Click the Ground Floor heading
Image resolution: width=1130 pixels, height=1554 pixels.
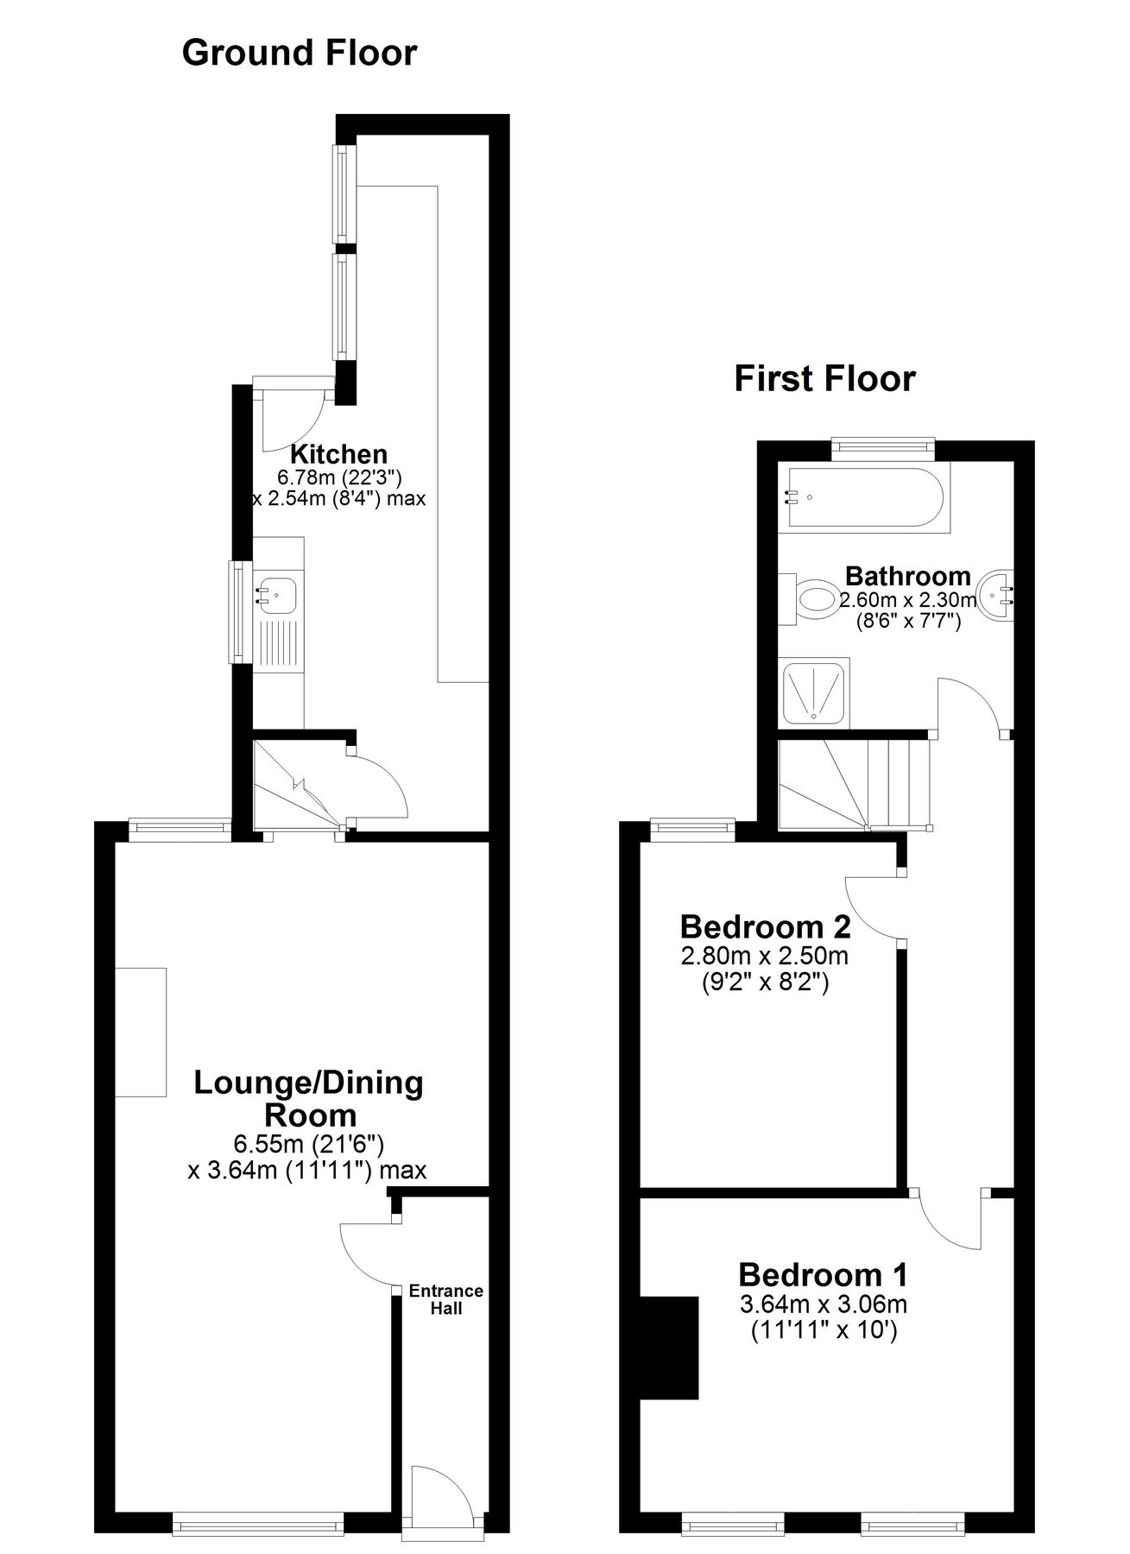[300, 54]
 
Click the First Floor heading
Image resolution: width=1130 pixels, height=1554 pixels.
[824, 379]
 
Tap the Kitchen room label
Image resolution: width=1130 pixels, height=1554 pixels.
[338, 454]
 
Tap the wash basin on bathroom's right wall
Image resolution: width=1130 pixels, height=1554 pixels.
[1001, 595]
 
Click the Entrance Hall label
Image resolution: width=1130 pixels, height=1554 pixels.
[445, 1299]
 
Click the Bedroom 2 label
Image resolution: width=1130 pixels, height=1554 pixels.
[765, 927]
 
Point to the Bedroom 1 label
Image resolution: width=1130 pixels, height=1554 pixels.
[823, 1274]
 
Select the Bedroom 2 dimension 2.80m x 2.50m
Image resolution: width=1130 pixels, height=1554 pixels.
[765, 957]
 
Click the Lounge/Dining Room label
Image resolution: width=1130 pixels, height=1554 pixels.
[308, 1098]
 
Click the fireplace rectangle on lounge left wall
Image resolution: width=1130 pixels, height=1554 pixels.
[141, 1032]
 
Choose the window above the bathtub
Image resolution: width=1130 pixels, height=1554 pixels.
[882, 445]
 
